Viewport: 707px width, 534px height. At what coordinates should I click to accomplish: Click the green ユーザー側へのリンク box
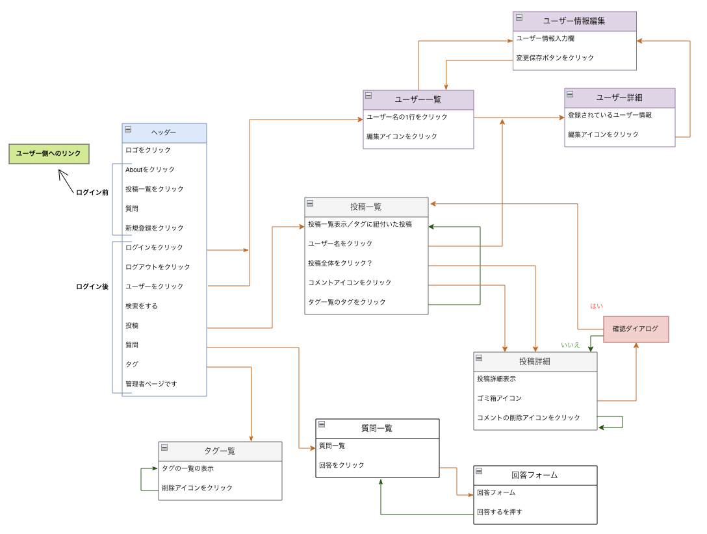click(49, 154)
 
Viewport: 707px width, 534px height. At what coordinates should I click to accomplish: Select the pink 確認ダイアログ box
click(636, 329)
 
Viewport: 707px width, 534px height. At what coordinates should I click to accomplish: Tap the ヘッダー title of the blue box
click(164, 133)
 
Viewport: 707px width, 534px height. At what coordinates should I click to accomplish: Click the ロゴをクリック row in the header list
click(148, 150)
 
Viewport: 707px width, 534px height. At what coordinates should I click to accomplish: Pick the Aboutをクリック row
click(150, 170)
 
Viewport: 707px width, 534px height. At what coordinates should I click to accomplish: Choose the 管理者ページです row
click(151, 384)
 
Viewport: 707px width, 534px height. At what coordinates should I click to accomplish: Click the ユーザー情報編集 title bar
click(574, 21)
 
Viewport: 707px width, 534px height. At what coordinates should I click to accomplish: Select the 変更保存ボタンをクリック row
click(555, 58)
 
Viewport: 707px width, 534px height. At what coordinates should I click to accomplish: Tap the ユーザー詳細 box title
click(619, 97)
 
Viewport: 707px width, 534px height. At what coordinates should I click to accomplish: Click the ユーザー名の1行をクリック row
click(407, 117)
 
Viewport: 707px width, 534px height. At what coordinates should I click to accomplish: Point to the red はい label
click(597, 306)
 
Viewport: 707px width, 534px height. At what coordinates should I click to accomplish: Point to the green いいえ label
click(571, 345)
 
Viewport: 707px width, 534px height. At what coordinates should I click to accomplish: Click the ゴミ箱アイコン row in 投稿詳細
click(499, 398)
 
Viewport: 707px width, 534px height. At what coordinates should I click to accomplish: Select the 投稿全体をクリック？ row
click(340, 263)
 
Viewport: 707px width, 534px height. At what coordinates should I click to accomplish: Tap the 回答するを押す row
click(499, 512)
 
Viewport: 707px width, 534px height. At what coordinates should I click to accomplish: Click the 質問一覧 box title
click(377, 428)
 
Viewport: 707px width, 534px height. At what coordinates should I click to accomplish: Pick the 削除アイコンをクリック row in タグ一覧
click(197, 488)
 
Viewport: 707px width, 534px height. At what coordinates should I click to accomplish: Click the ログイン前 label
click(92, 192)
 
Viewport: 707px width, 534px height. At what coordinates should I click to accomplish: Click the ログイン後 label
click(92, 286)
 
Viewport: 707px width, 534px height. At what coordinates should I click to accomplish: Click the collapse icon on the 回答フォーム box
click(479, 471)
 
